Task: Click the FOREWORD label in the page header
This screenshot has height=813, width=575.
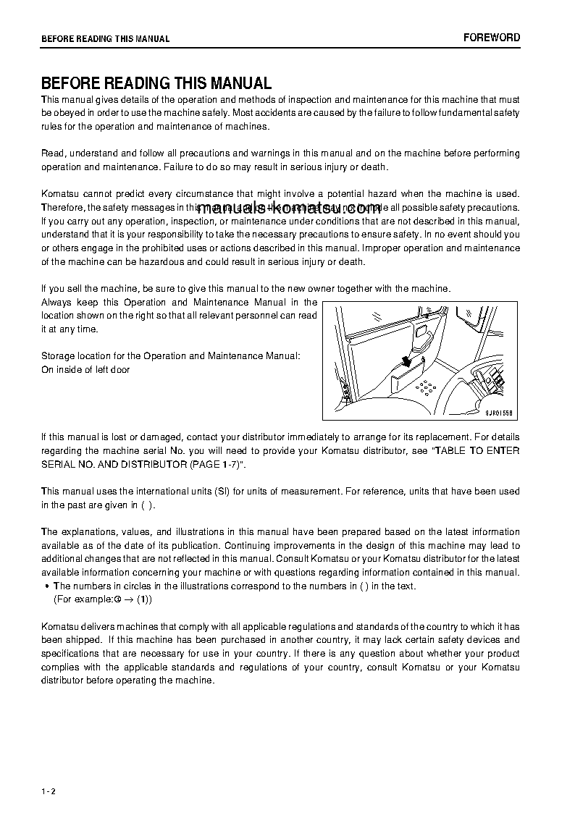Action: click(x=492, y=38)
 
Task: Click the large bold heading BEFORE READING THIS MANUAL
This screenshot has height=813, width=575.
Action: click(x=156, y=83)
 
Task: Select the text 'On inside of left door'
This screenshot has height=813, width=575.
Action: click(x=85, y=370)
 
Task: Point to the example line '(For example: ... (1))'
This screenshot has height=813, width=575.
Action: click(x=103, y=599)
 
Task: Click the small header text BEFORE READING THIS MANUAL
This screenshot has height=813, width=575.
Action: click(x=106, y=39)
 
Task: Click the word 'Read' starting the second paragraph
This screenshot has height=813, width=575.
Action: click(x=53, y=153)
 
